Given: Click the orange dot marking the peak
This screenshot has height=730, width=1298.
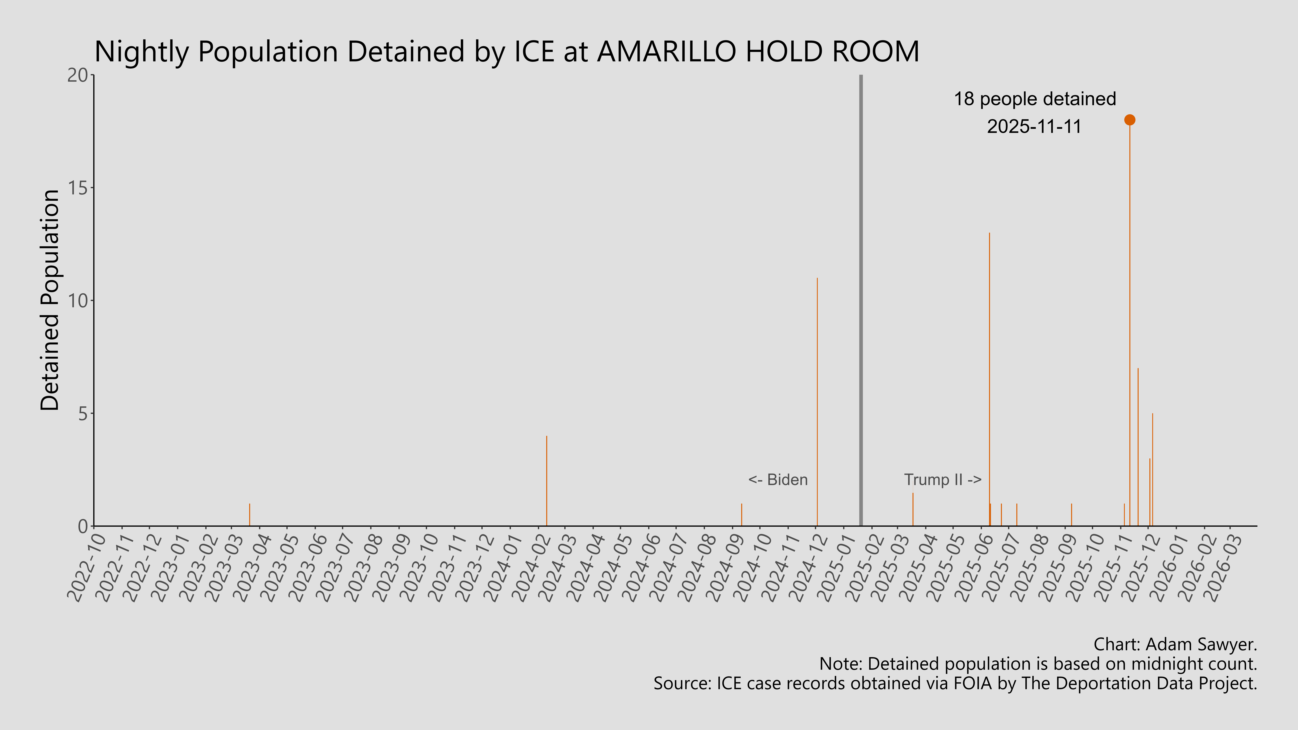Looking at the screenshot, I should [x=1130, y=120].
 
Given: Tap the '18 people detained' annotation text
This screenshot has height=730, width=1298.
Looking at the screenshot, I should [x=1034, y=99].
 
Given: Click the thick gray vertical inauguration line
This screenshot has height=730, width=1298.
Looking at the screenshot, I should [x=861, y=302].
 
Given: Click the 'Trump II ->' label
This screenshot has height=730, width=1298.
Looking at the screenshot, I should [x=942, y=480].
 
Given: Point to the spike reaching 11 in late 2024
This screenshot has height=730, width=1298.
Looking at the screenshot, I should [x=817, y=403].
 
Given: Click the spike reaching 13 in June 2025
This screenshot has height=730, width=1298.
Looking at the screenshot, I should [x=989, y=378].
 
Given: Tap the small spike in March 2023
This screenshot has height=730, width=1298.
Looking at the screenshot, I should [x=249, y=515].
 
